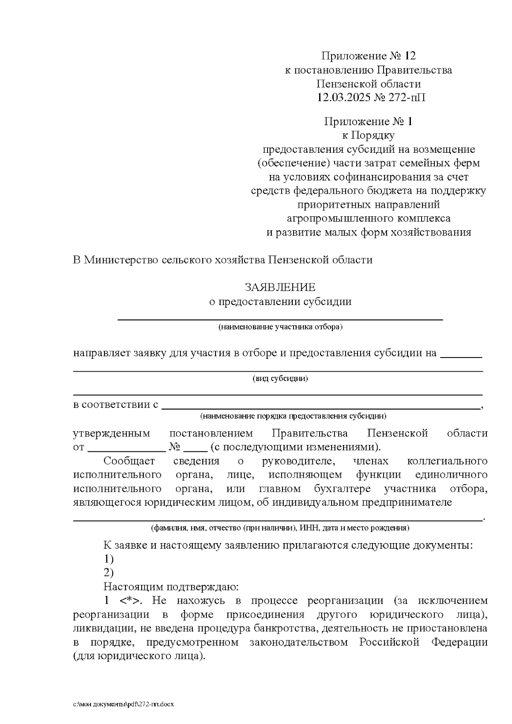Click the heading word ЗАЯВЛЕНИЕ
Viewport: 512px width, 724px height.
click(280, 287)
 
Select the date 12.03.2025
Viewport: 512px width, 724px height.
click(343, 97)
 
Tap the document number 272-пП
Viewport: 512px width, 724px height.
click(406, 97)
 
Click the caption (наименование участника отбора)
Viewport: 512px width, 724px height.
click(280, 327)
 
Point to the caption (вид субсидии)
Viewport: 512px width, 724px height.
click(280, 378)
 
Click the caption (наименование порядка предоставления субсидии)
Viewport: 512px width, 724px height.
click(294, 416)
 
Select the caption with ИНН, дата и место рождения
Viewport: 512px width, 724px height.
click(280, 528)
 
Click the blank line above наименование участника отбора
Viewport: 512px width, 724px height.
click(280, 318)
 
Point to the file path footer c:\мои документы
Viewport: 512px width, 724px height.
click(124, 704)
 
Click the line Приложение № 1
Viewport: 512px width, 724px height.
click(368, 122)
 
